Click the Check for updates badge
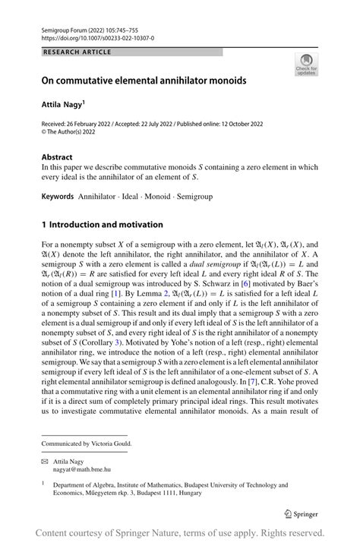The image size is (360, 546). (x=306, y=65)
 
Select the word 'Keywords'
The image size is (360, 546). (x=58, y=196)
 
